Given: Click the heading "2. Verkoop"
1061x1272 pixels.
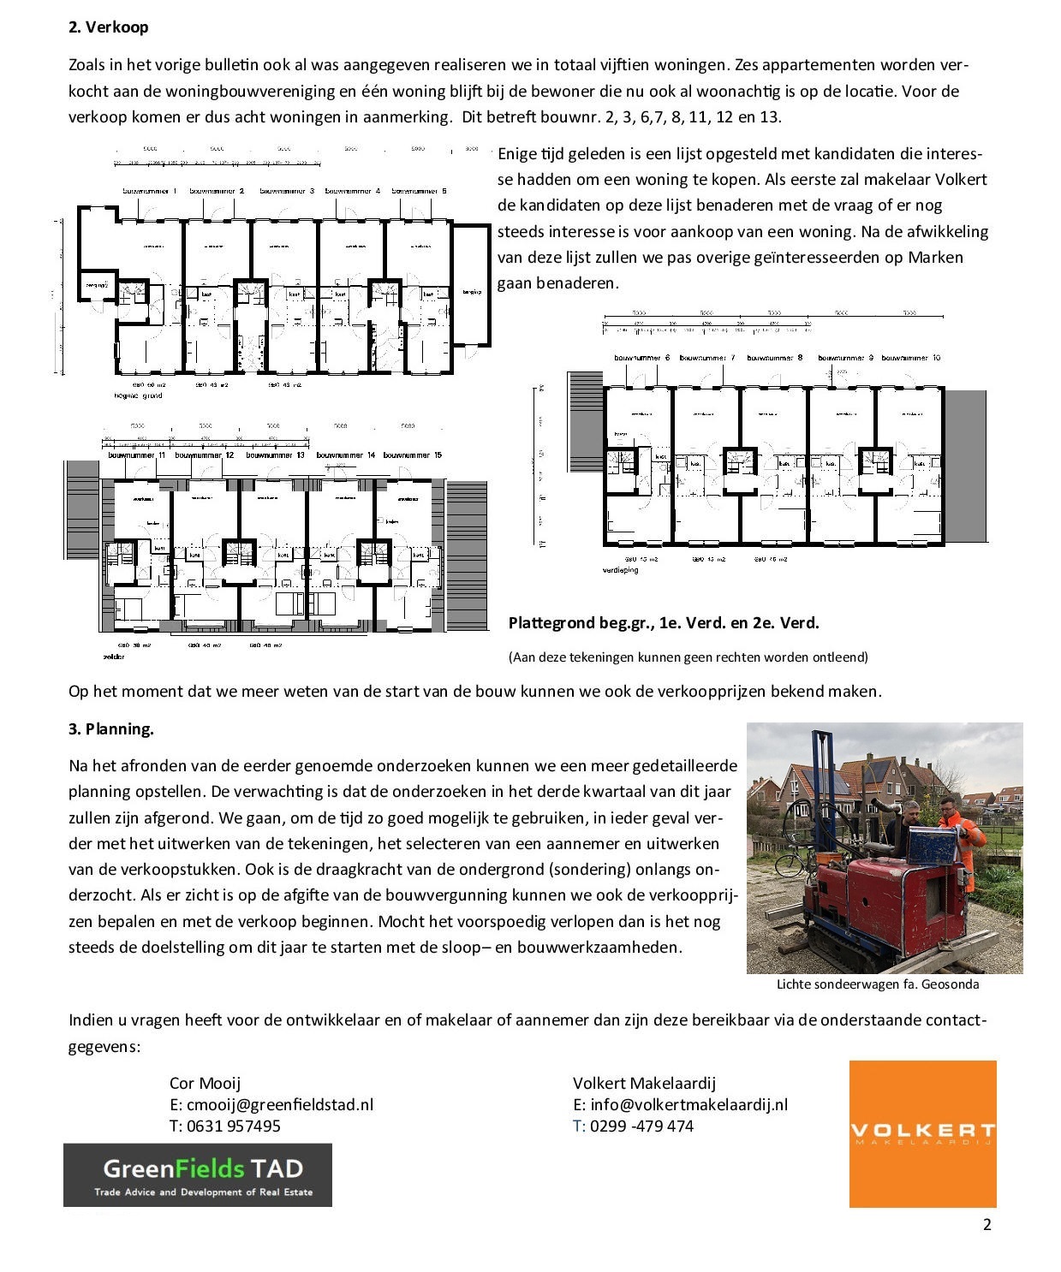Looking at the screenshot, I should (108, 27).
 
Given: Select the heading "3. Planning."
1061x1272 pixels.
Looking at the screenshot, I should (110, 729).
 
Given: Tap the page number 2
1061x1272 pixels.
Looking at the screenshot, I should (986, 1225).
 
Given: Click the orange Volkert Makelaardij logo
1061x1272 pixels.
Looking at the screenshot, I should (922, 1134).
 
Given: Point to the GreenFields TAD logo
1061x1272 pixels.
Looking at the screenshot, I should (197, 1175).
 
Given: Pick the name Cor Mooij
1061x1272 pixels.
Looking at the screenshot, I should (205, 1084).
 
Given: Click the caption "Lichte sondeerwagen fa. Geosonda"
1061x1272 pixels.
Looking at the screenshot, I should (877, 984).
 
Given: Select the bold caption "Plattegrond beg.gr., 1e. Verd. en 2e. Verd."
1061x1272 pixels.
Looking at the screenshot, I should (664, 623).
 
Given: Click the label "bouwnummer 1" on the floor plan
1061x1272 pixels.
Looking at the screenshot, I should (150, 192).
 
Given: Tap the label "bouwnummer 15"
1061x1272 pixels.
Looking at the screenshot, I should (412, 455).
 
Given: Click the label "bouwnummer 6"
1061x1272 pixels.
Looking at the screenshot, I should (641, 358).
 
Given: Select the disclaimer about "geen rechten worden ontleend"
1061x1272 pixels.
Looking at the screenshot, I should (688, 657).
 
